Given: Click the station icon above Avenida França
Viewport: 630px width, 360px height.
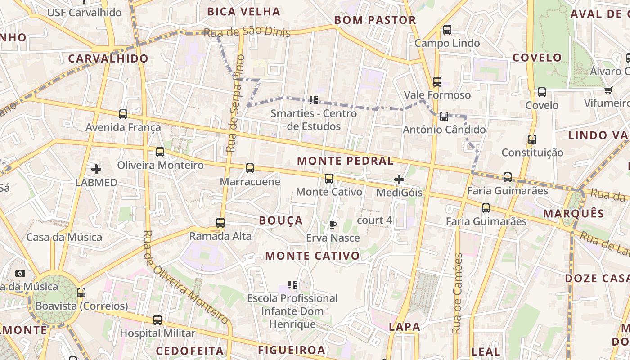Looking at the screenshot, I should click(x=123, y=114).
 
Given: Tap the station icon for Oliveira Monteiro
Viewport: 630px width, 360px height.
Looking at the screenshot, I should click(x=160, y=152).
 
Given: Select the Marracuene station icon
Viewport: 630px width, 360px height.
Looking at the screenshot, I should click(x=250, y=168).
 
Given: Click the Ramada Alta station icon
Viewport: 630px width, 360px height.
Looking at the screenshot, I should click(x=220, y=222).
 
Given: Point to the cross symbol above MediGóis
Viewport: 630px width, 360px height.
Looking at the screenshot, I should click(x=399, y=180).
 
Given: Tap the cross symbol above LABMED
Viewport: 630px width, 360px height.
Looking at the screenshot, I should click(x=96, y=169).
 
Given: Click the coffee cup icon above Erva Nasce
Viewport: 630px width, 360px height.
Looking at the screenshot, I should click(x=333, y=225).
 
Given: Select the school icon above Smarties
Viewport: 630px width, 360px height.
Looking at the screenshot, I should click(x=314, y=100).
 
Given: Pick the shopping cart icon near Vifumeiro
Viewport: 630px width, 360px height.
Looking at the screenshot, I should click(x=608, y=90).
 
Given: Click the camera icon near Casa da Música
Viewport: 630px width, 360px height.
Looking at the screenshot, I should click(x=20, y=273).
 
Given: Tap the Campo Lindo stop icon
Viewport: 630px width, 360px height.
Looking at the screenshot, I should click(x=447, y=30).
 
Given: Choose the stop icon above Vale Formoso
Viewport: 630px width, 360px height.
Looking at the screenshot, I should click(x=437, y=82).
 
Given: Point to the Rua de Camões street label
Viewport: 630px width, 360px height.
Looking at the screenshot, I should click(x=458, y=293).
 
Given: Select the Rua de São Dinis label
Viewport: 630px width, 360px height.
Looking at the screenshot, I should click(x=247, y=32).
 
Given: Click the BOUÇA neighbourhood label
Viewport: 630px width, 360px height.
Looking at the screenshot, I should click(x=281, y=220).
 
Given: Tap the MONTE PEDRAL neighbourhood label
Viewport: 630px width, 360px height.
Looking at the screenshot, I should click(x=345, y=161).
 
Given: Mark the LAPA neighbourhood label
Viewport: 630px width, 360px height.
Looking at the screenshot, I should click(x=405, y=327).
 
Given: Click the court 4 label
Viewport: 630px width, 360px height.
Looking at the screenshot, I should click(x=374, y=220).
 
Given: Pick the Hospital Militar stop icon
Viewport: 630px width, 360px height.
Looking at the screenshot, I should click(x=157, y=320).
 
